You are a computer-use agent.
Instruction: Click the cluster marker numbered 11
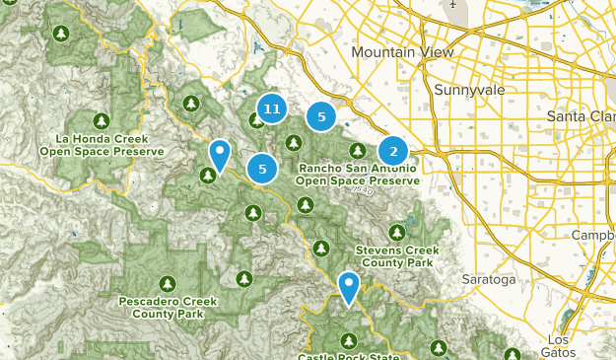click(272, 108)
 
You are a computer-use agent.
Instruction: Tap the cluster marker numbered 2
click(393, 151)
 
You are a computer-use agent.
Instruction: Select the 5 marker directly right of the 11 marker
click(320, 116)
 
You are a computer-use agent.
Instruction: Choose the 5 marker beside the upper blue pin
click(262, 169)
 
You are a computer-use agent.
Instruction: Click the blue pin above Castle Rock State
click(349, 287)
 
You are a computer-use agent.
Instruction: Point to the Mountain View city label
click(402, 52)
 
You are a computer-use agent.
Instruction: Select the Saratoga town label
click(489, 279)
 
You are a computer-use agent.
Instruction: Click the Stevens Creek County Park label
click(397, 258)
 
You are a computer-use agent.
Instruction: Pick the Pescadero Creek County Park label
click(161, 307)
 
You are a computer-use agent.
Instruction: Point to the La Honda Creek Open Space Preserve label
click(103, 145)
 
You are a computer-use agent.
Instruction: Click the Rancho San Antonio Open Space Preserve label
click(357, 175)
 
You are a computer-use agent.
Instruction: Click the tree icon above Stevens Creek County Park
click(397, 233)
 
